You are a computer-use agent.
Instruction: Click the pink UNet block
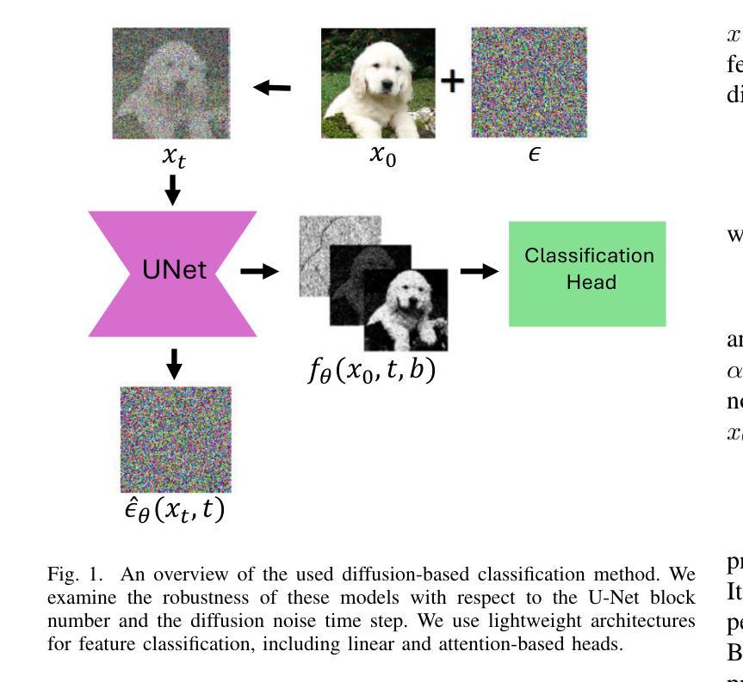pos(173,273)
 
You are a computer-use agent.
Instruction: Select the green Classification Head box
pos(587,273)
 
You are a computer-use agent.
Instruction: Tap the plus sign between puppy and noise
pos(453,81)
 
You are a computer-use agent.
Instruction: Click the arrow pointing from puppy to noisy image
pos(274,87)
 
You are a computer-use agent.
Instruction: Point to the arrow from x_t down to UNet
pos(172,189)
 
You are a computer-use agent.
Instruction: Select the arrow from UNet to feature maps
pos(259,272)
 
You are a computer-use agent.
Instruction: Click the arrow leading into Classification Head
pos(479,271)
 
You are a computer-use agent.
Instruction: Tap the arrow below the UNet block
pos(174,363)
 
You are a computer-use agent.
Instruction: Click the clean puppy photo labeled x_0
pos(378,83)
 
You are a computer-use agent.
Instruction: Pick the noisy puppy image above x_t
pos(171,83)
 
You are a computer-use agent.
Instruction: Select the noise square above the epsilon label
pos(527,83)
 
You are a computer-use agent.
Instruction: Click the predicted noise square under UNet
pos(175,439)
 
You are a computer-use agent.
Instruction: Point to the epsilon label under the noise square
pos(534,157)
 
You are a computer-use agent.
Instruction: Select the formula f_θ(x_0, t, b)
pos(372,371)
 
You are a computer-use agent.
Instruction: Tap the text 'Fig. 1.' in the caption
pos(67,573)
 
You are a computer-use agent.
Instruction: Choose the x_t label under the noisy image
pos(172,158)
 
